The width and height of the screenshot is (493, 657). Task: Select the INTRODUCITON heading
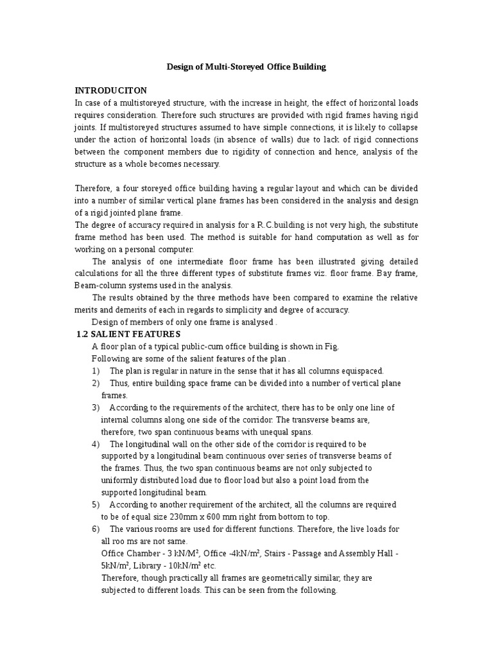pos(111,90)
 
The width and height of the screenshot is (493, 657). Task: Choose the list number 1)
pos(96,371)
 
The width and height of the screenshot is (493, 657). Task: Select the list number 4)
pos(96,444)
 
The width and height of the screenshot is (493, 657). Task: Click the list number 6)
pos(96,529)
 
